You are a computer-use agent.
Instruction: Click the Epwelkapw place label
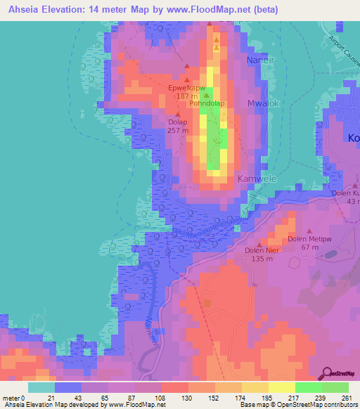click(187, 88)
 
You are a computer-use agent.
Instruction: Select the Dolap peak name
click(177, 122)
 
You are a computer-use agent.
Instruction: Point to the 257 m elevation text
click(178, 131)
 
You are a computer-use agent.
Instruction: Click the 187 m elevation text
click(186, 96)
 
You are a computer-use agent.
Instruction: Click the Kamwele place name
click(255, 178)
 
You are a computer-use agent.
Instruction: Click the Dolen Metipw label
click(309, 239)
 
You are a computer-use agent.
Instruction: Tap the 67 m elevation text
click(310, 247)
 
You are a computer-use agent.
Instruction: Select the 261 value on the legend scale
click(346, 398)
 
